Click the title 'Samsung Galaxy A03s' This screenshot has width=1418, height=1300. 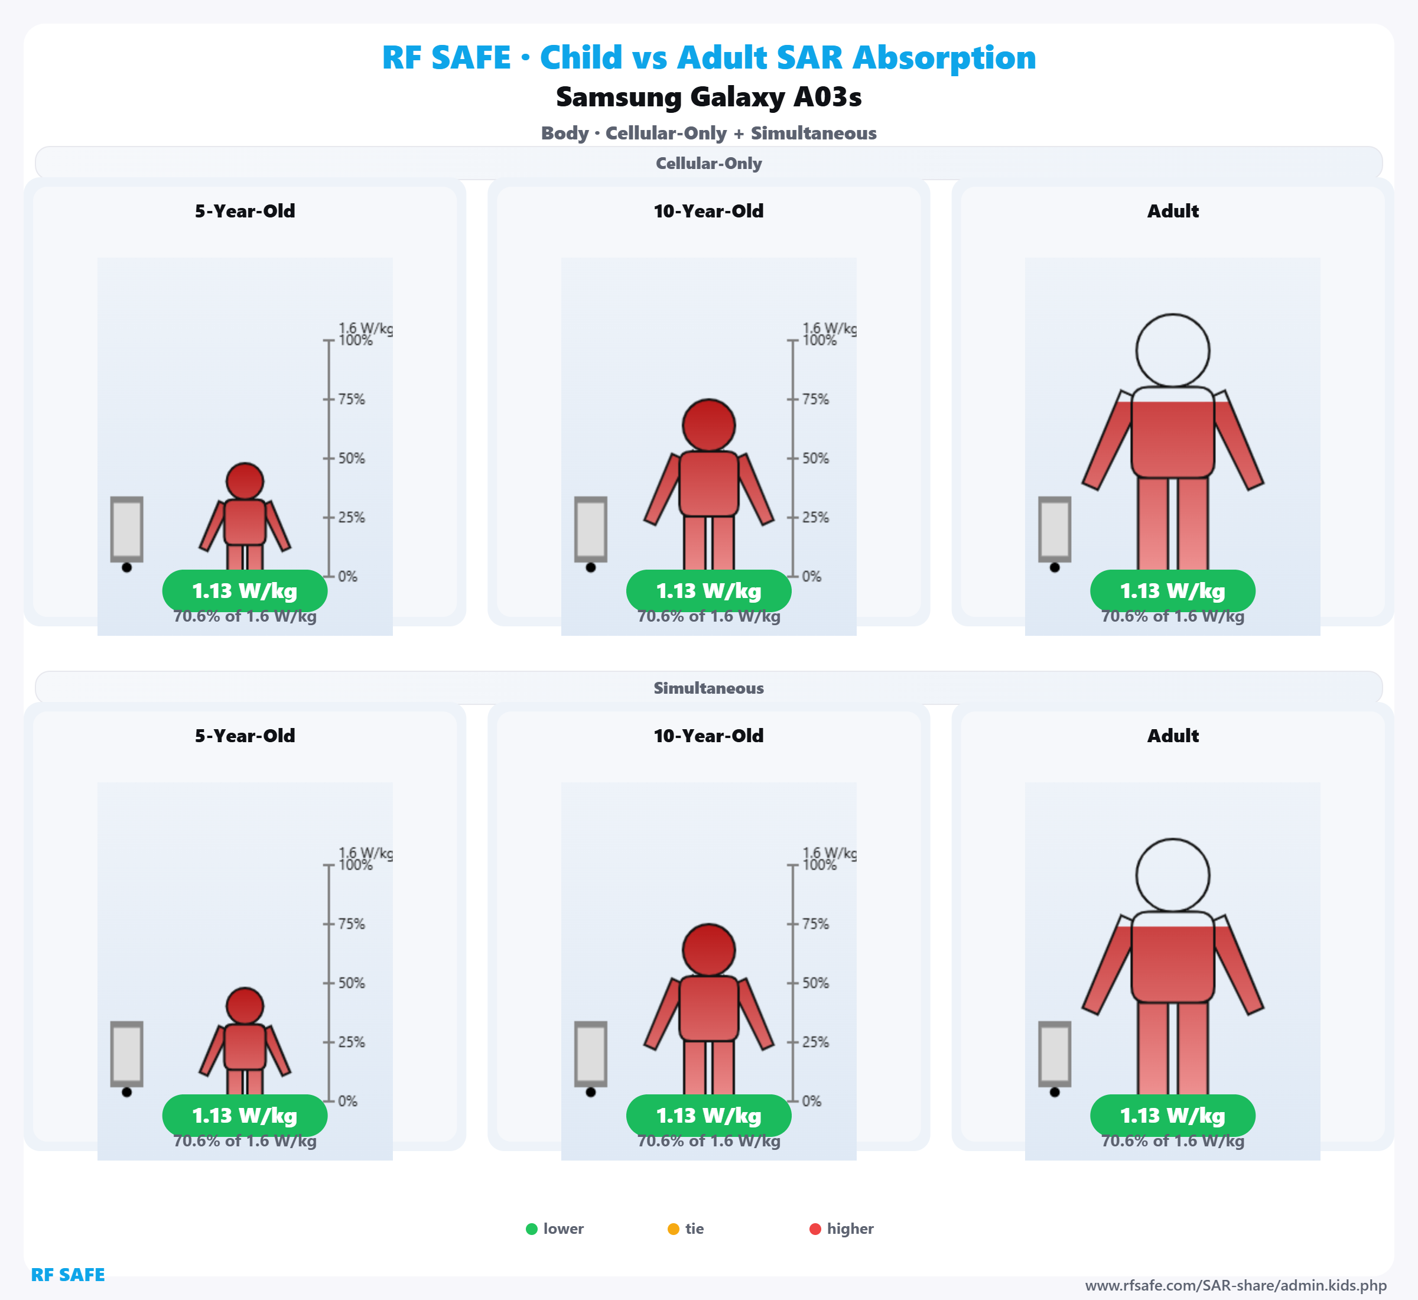click(x=708, y=97)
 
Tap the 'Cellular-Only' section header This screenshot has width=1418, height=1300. click(x=708, y=163)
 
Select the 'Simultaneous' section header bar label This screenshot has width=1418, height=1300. click(x=708, y=688)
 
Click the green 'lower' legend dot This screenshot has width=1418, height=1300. click(x=532, y=1229)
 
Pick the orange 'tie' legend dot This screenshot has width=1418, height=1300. click(x=673, y=1229)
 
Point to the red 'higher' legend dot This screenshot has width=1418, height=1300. click(x=815, y=1229)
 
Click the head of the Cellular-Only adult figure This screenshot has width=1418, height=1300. click(x=1173, y=350)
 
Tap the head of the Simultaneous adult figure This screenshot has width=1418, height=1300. click(x=1173, y=875)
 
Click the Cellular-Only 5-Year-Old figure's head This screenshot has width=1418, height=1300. click(x=245, y=481)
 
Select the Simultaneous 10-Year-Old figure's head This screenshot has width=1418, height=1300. click(x=709, y=950)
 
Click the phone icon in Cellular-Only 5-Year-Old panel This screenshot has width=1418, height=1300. click(x=126, y=529)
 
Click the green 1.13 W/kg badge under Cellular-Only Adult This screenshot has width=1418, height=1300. click(x=1173, y=591)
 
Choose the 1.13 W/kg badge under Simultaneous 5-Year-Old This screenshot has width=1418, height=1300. click(x=245, y=1116)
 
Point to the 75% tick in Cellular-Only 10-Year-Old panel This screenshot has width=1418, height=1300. click(x=815, y=399)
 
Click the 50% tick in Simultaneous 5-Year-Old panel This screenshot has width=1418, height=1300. click(x=350, y=983)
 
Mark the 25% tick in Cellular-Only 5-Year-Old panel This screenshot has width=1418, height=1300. click(x=350, y=518)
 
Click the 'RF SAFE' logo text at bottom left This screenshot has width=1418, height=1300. click(x=67, y=1275)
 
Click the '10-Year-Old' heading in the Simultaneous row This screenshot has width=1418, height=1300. click(x=708, y=736)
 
